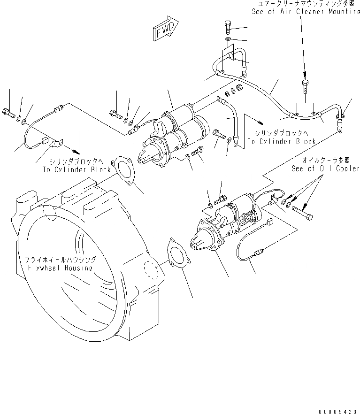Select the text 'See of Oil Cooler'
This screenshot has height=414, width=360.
tap(325, 168)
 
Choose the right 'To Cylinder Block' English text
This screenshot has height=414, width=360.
tap(282, 141)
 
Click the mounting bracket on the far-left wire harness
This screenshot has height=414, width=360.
tap(56, 141)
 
